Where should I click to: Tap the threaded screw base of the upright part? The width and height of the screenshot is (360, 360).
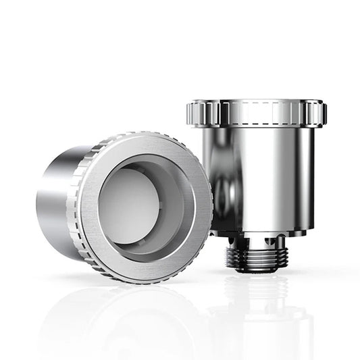(x=256, y=256)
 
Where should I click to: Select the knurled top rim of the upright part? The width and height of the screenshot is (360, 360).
(x=257, y=113)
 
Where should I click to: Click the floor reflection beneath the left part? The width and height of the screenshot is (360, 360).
(x=122, y=311)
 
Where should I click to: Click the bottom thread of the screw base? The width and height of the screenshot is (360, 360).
(x=256, y=266)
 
